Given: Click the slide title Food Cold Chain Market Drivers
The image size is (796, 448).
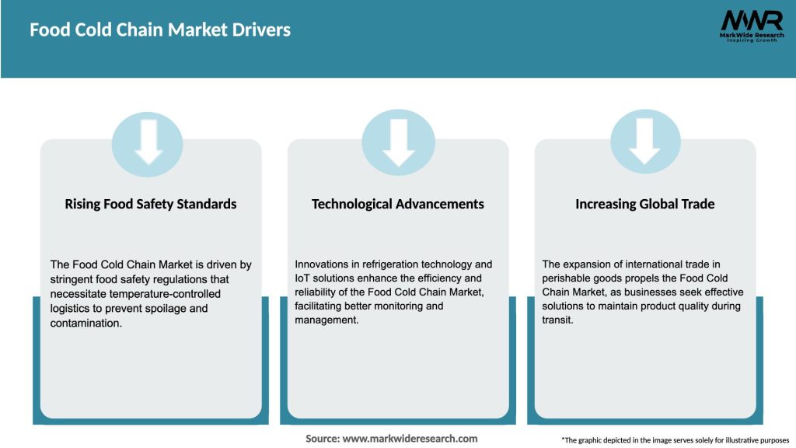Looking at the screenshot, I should pyautogui.click(x=160, y=30).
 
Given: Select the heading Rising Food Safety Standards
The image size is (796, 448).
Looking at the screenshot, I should pyautogui.click(x=151, y=204).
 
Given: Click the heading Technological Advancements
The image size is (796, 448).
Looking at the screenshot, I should pyautogui.click(x=398, y=204).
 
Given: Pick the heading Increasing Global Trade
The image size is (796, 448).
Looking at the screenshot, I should pyautogui.click(x=645, y=204).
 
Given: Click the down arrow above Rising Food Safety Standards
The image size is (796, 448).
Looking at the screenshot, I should pyautogui.click(x=149, y=142).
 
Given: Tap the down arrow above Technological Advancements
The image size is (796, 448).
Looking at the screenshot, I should pyautogui.click(x=398, y=142).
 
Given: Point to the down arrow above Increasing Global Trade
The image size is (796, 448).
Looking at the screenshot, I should pyautogui.click(x=645, y=142).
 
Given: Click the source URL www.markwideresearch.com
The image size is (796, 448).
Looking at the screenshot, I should pyautogui.click(x=410, y=439).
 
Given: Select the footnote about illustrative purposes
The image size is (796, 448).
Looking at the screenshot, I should pyautogui.click(x=675, y=440).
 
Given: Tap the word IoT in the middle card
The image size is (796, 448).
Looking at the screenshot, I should pyautogui.click(x=302, y=278).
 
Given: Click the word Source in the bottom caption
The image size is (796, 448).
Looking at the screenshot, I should pyautogui.click(x=322, y=439).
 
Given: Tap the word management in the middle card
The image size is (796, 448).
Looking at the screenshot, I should pyautogui.click(x=326, y=320).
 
